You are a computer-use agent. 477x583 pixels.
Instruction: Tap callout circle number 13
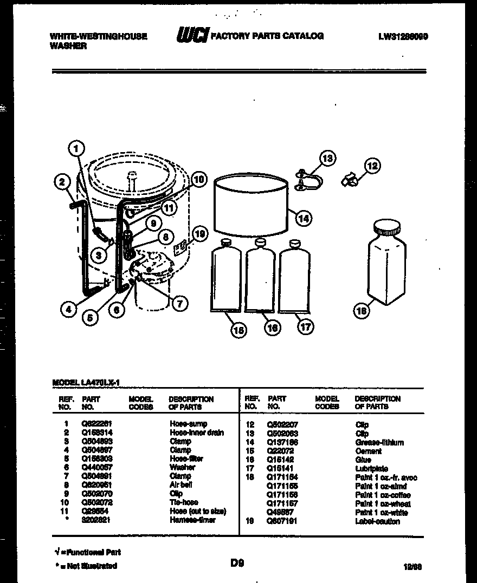[327, 158]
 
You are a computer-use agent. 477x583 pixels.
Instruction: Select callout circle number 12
[372, 166]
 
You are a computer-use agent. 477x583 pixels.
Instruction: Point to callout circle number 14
[304, 218]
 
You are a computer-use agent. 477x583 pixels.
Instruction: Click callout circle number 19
[199, 234]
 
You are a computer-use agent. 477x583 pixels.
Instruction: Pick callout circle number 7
[179, 303]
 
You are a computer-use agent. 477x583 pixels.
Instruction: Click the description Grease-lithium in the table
[379, 443]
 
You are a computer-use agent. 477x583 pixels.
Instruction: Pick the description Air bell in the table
[181, 485]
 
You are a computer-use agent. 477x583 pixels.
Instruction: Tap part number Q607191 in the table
[282, 521]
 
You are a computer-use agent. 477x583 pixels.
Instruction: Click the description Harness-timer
[192, 520]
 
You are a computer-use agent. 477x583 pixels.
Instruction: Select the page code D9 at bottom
[237, 563]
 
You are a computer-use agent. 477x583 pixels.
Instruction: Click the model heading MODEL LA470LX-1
[85, 382]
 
